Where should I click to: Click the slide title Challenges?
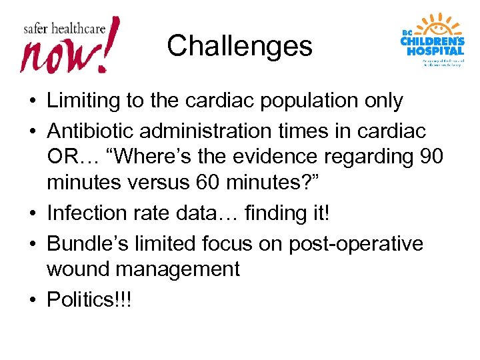coord(239,46)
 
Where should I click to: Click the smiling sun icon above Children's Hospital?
coord(441,27)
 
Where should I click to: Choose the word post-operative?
coord(355,243)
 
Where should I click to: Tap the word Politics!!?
coord(89,299)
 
